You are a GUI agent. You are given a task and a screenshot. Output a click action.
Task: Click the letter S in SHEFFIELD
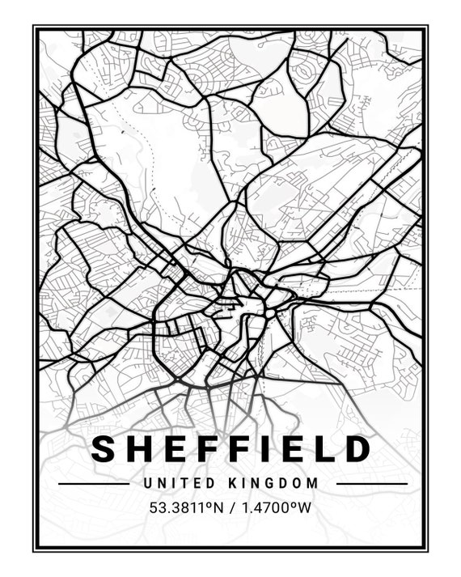(x=106, y=448)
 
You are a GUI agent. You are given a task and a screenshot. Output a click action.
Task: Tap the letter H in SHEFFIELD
(x=142, y=448)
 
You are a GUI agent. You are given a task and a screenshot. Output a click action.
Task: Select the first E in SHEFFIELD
(x=177, y=448)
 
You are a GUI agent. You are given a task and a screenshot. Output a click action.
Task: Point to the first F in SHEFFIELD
(x=209, y=448)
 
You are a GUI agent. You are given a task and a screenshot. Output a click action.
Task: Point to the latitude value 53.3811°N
(x=185, y=508)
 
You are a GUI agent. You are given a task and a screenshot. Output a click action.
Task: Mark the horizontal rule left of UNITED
(x=93, y=484)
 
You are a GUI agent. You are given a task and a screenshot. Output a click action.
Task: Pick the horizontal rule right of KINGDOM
(x=371, y=484)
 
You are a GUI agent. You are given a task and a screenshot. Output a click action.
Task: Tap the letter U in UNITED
(x=147, y=483)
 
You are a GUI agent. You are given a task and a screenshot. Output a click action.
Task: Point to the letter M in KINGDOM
(x=314, y=483)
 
